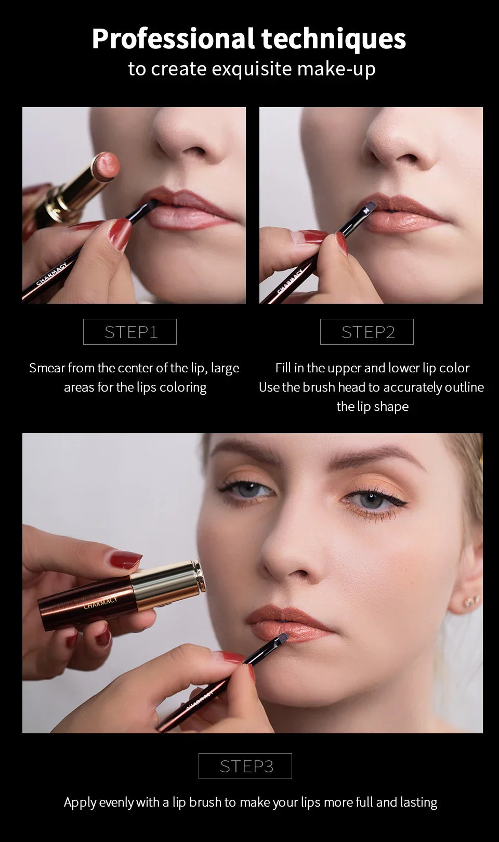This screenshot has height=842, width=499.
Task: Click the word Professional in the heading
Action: (x=173, y=39)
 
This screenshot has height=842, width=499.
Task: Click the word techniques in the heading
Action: (x=333, y=39)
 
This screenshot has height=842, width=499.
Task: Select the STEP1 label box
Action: (x=130, y=332)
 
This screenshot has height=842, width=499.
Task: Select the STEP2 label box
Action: (x=367, y=332)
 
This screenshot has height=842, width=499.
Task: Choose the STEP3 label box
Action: (x=245, y=766)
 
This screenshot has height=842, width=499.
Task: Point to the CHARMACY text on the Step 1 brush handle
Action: (x=52, y=275)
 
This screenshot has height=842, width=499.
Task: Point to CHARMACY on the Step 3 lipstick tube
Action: (x=100, y=603)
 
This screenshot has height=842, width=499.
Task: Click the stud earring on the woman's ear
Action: (x=471, y=602)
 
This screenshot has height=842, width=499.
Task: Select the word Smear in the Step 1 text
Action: (x=47, y=368)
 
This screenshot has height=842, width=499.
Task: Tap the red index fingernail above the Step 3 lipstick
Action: (x=125, y=560)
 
